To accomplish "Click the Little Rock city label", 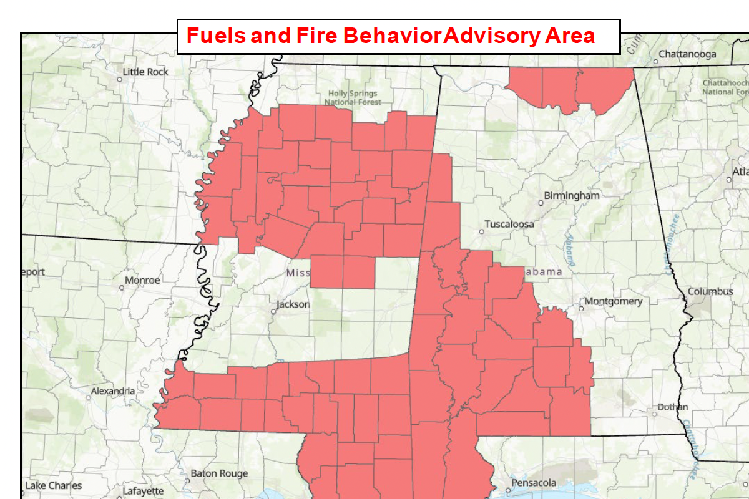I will point(145,72).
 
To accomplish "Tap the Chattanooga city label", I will point(687,54).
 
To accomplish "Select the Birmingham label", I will point(572,196).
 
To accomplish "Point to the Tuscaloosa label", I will point(510,224).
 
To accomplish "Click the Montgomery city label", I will point(614,301).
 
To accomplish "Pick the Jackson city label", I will point(293,304).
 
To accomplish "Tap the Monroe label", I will point(142,281).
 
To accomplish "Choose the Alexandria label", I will point(112,391).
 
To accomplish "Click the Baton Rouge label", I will point(219,473).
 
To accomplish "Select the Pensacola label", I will point(534,483).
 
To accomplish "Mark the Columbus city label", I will point(710,291).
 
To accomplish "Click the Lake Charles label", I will point(54,485).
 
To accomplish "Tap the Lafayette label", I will point(143,491).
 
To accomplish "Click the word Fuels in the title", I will point(216,36).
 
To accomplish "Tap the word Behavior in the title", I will point(393,36).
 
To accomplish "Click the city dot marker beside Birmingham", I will point(541,203).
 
